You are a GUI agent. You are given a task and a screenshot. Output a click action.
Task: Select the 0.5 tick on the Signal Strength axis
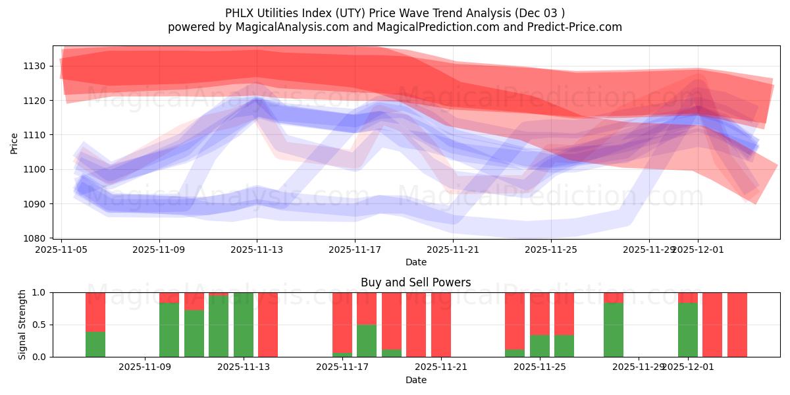point(39,325)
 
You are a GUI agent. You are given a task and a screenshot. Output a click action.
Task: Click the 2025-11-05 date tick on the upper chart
point(62,250)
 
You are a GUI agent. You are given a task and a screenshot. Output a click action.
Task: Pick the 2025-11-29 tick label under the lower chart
point(639,367)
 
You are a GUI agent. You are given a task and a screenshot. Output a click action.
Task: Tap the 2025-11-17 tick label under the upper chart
point(355,250)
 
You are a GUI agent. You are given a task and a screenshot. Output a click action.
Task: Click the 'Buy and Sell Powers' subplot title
point(415,282)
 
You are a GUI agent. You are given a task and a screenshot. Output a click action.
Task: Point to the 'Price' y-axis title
point(14,142)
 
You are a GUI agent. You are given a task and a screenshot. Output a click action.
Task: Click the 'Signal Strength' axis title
point(22,325)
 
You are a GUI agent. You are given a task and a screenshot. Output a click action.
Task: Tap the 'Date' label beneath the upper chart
point(415,262)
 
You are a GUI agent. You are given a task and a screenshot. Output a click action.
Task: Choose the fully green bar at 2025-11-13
point(244,325)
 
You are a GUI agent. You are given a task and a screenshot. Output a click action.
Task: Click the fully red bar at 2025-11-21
point(441,325)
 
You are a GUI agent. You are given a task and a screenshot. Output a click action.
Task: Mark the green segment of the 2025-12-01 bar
point(688,330)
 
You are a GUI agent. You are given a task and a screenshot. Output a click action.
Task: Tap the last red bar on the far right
point(737,325)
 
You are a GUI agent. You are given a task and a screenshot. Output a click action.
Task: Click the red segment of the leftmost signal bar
point(95,312)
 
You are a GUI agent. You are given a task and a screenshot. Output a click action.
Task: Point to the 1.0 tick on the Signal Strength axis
point(39,292)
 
